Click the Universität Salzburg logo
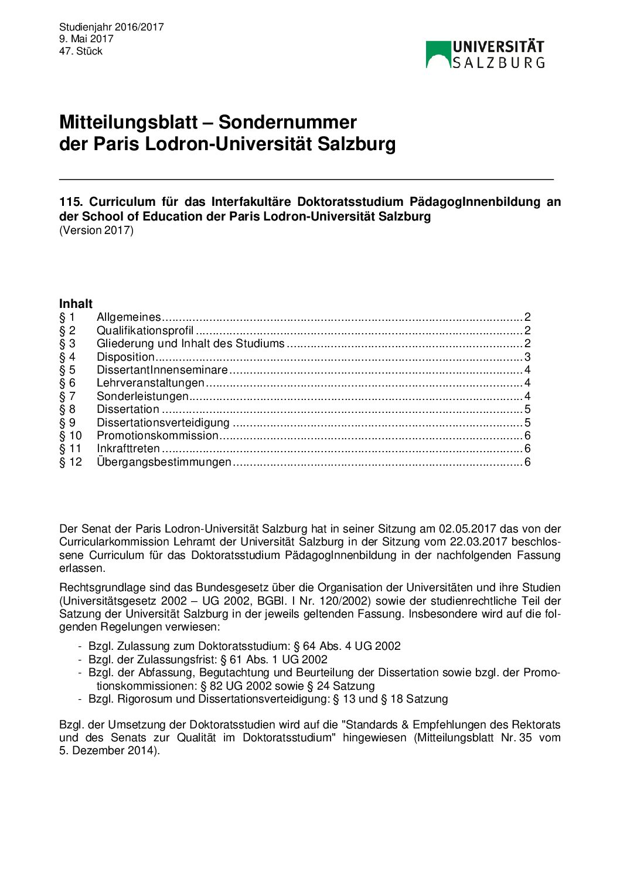click(x=485, y=55)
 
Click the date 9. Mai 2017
click(x=86, y=39)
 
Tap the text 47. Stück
click(x=81, y=51)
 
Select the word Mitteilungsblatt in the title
click(x=128, y=122)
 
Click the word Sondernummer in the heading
click(x=287, y=122)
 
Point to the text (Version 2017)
click(x=96, y=230)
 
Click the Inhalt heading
click(x=76, y=303)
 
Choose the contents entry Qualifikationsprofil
click(x=145, y=330)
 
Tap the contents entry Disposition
click(x=125, y=357)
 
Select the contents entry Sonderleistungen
click(x=142, y=396)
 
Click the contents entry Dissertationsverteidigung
click(x=163, y=422)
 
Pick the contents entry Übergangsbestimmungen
click(x=164, y=462)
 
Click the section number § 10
click(x=70, y=435)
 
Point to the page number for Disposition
click(x=527, y=357)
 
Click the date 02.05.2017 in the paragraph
click(x=467, y=528)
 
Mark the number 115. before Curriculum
click(x=70, y=202)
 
